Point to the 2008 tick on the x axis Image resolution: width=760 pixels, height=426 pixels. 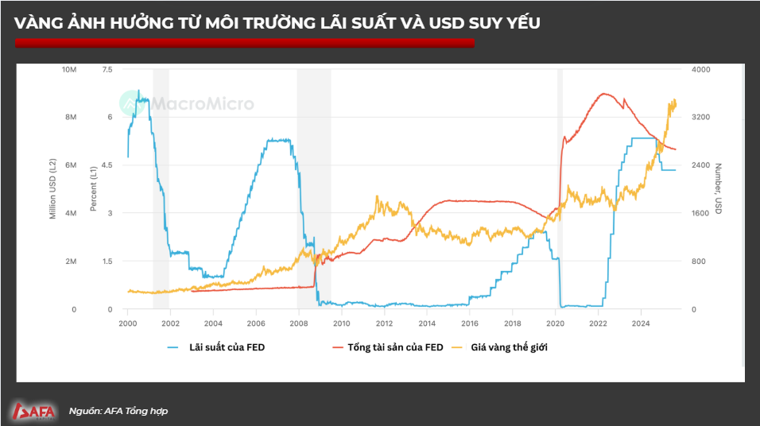(298, 323)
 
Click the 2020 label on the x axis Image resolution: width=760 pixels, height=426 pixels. (555, 323)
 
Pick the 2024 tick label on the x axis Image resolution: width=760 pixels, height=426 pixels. (641, 323)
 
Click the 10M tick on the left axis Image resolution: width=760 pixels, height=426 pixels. (68, 70)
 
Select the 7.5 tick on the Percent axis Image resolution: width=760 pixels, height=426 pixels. (107, 70)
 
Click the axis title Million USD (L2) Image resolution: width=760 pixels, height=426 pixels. (53, 189)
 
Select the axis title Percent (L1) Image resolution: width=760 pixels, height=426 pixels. (93, 189)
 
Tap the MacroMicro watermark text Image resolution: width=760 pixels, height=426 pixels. (202, 104)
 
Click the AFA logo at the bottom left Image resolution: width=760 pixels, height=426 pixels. (33, 411)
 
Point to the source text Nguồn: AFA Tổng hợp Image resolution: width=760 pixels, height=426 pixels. (118, 411)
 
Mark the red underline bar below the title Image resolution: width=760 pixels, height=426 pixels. (244, 43)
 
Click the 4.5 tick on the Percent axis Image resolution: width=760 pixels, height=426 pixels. (107, 165)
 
